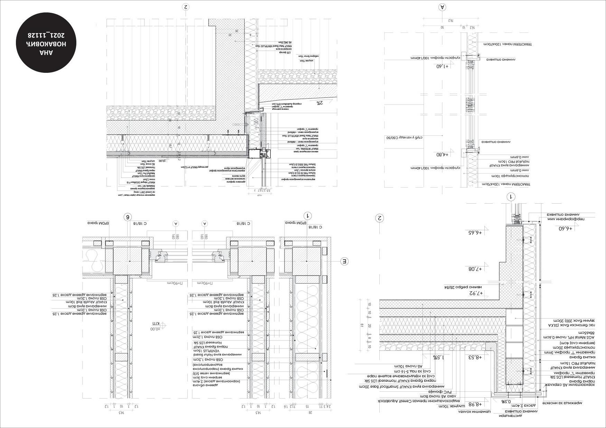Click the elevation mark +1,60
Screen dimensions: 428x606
[x=442, y=66]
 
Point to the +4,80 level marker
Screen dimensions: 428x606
[x=442, y=155]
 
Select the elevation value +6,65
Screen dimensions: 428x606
[x=475, y=232]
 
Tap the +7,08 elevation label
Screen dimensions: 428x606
[x=475, y=269]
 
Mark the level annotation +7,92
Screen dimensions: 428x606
[x=475, y=293]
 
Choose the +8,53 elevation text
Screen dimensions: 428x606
[x=475, y=357]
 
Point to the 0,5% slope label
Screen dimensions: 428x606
[x=506, y=401]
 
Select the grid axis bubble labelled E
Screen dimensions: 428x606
[x=344, y=261]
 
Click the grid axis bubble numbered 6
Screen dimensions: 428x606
[x=128, y=217]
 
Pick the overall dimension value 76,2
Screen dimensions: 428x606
[x=451, y=21]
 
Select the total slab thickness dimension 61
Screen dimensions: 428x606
[x=361, y=325]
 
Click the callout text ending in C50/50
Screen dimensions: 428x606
[x=405, y=138]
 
